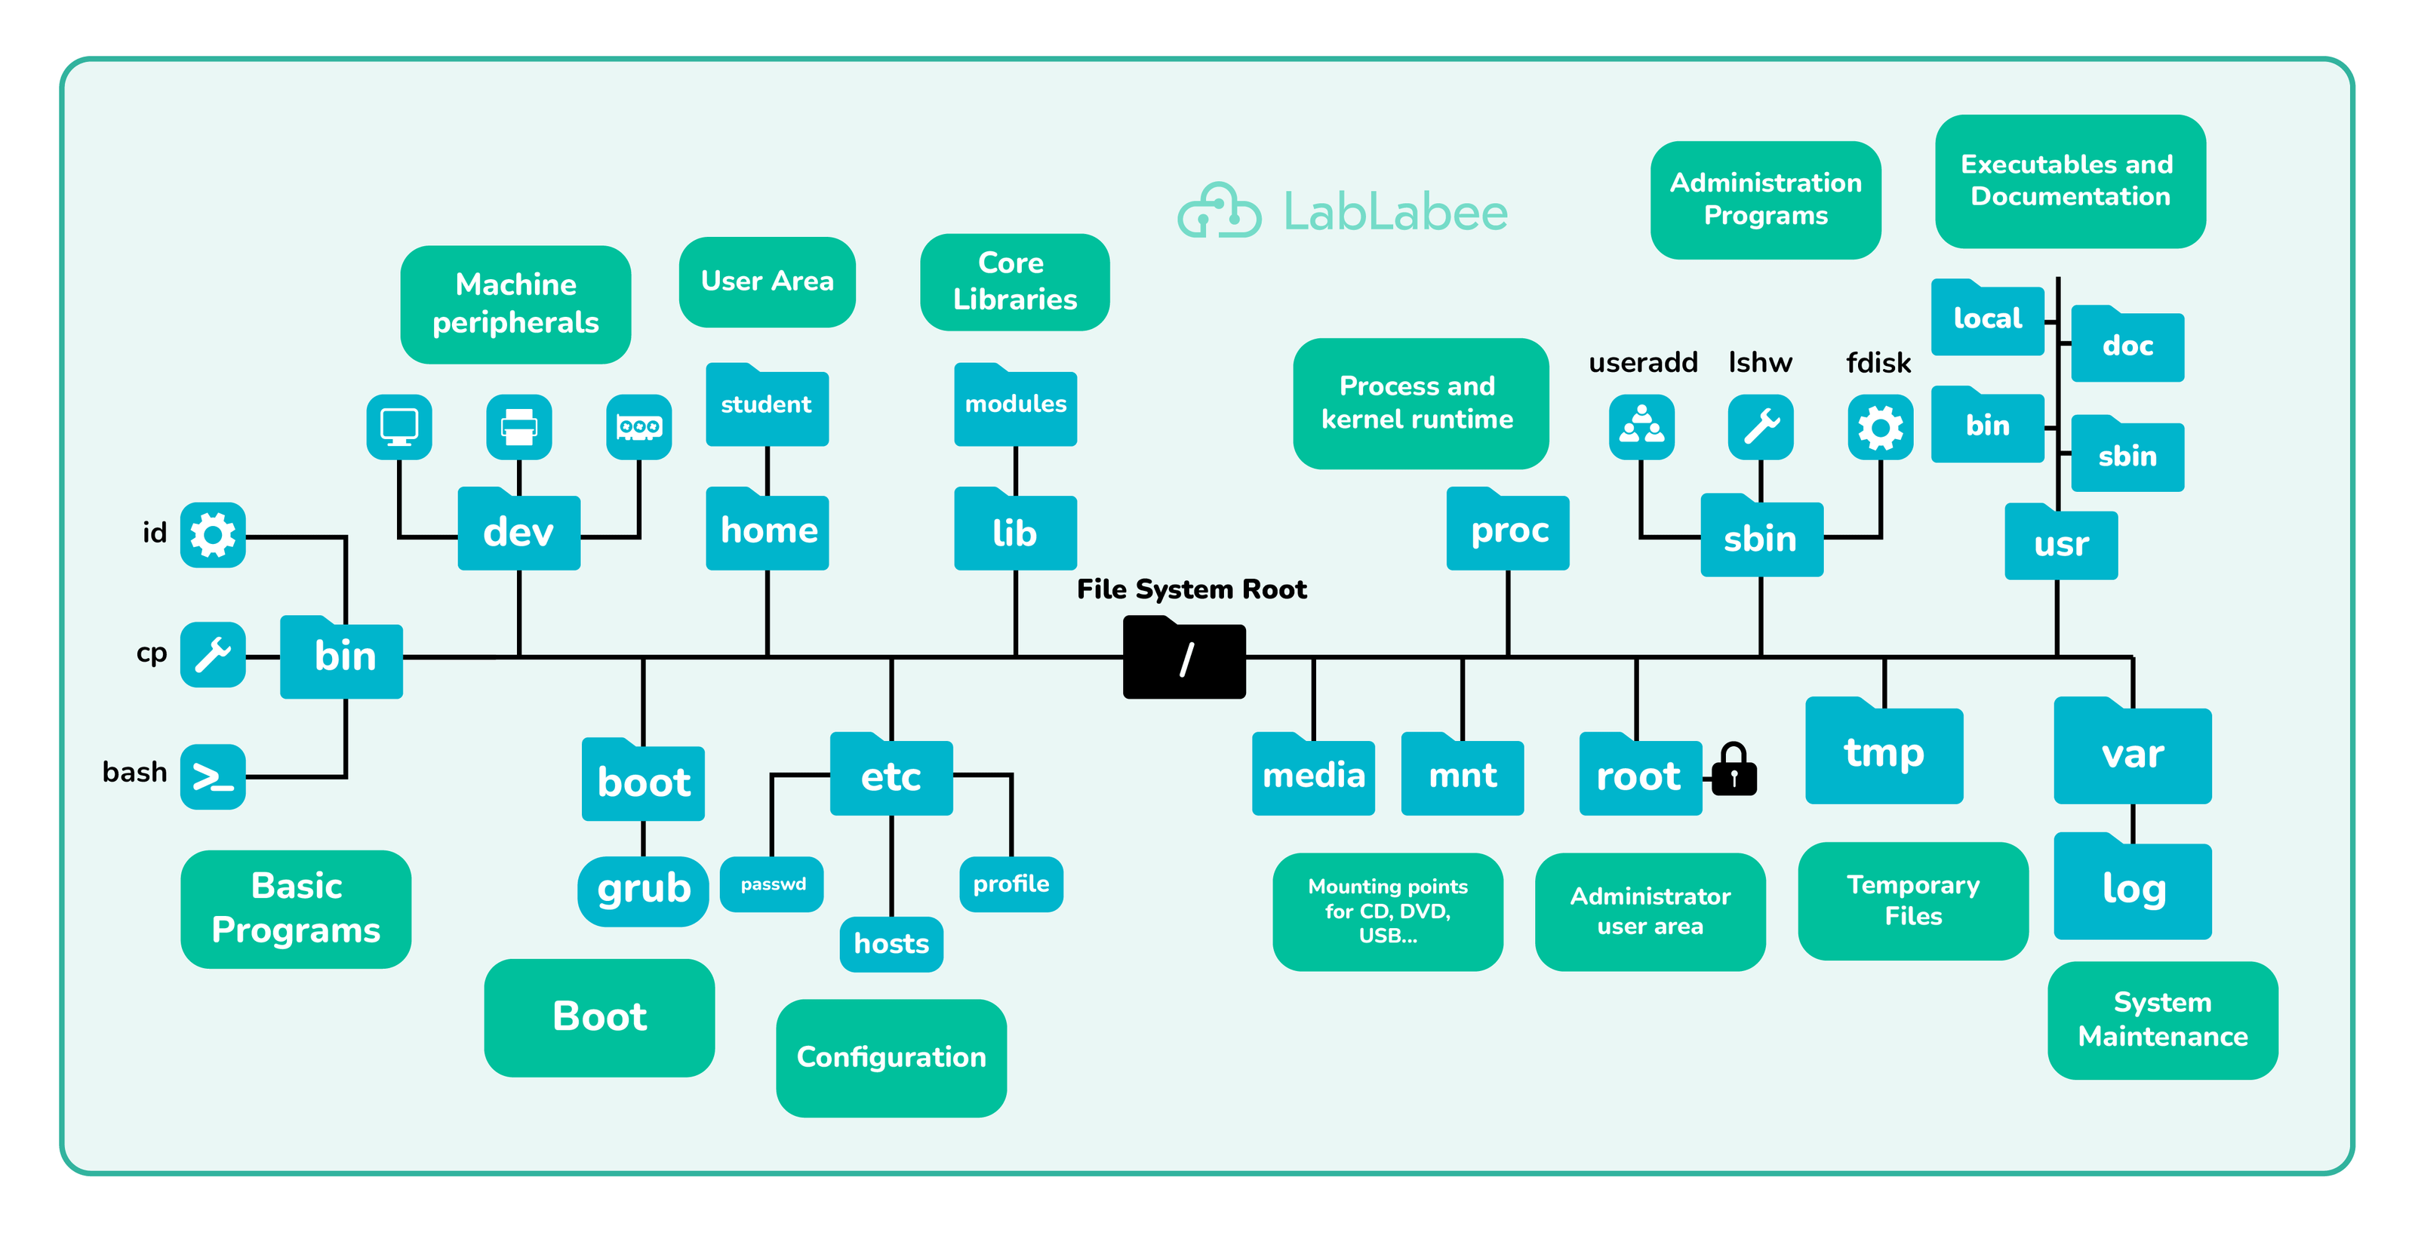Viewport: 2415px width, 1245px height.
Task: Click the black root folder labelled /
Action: pos(1184,658)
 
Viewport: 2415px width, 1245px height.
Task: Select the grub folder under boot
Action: pos(643,890)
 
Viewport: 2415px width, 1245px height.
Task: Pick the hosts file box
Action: pos(891,943)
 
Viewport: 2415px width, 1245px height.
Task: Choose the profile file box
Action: pos(1011,884)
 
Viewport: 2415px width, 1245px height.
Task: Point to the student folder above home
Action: pos(766,405)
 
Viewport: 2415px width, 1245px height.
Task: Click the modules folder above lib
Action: pos(1015,405)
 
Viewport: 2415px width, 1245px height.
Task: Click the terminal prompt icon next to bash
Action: pos(213,777)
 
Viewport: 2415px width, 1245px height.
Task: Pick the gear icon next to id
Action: pos(213,535)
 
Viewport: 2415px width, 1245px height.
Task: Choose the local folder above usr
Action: pos(1988,318)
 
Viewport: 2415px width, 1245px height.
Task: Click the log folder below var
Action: pos(2133,888)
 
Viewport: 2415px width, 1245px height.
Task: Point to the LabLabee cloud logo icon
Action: pos(1219,211)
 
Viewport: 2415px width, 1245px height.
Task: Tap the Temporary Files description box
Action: pos(1912,901)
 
